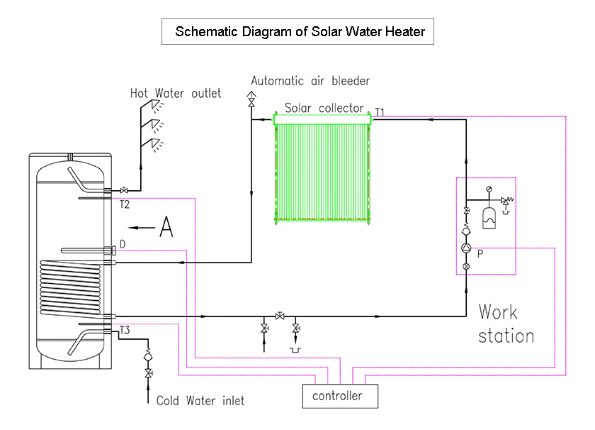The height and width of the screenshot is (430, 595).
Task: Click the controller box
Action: [x=337, y=395]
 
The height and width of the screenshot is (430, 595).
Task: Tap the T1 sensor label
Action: [x=380, y=112]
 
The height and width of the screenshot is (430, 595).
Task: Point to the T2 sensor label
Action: [x=125, y=204]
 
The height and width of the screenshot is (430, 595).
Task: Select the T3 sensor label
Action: [x=125, y=331]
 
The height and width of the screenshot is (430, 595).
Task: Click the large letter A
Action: [x=166, y=227]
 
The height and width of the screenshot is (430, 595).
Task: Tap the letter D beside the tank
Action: [x=123, y=244]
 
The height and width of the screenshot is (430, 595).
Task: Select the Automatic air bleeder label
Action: [x=310, y=81]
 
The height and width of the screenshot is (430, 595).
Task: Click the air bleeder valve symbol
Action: [x=251, y=99]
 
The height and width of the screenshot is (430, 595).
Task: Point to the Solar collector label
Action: [x=324, y=109]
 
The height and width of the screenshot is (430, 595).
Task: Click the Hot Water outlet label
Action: [x=175, y=93]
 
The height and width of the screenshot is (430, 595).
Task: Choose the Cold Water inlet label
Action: [x=200, y=401]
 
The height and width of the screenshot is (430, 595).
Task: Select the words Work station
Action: [x=506, y=324]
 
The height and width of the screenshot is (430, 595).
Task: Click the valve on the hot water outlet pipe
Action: [x=125, y=190]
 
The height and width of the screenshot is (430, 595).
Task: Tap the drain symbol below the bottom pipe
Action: [x=295, y=350]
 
